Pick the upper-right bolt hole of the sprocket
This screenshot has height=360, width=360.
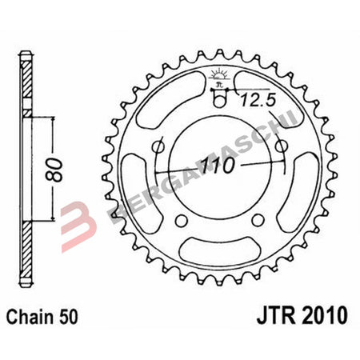point(281,146)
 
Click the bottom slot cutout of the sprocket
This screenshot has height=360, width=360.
point(220,254)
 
